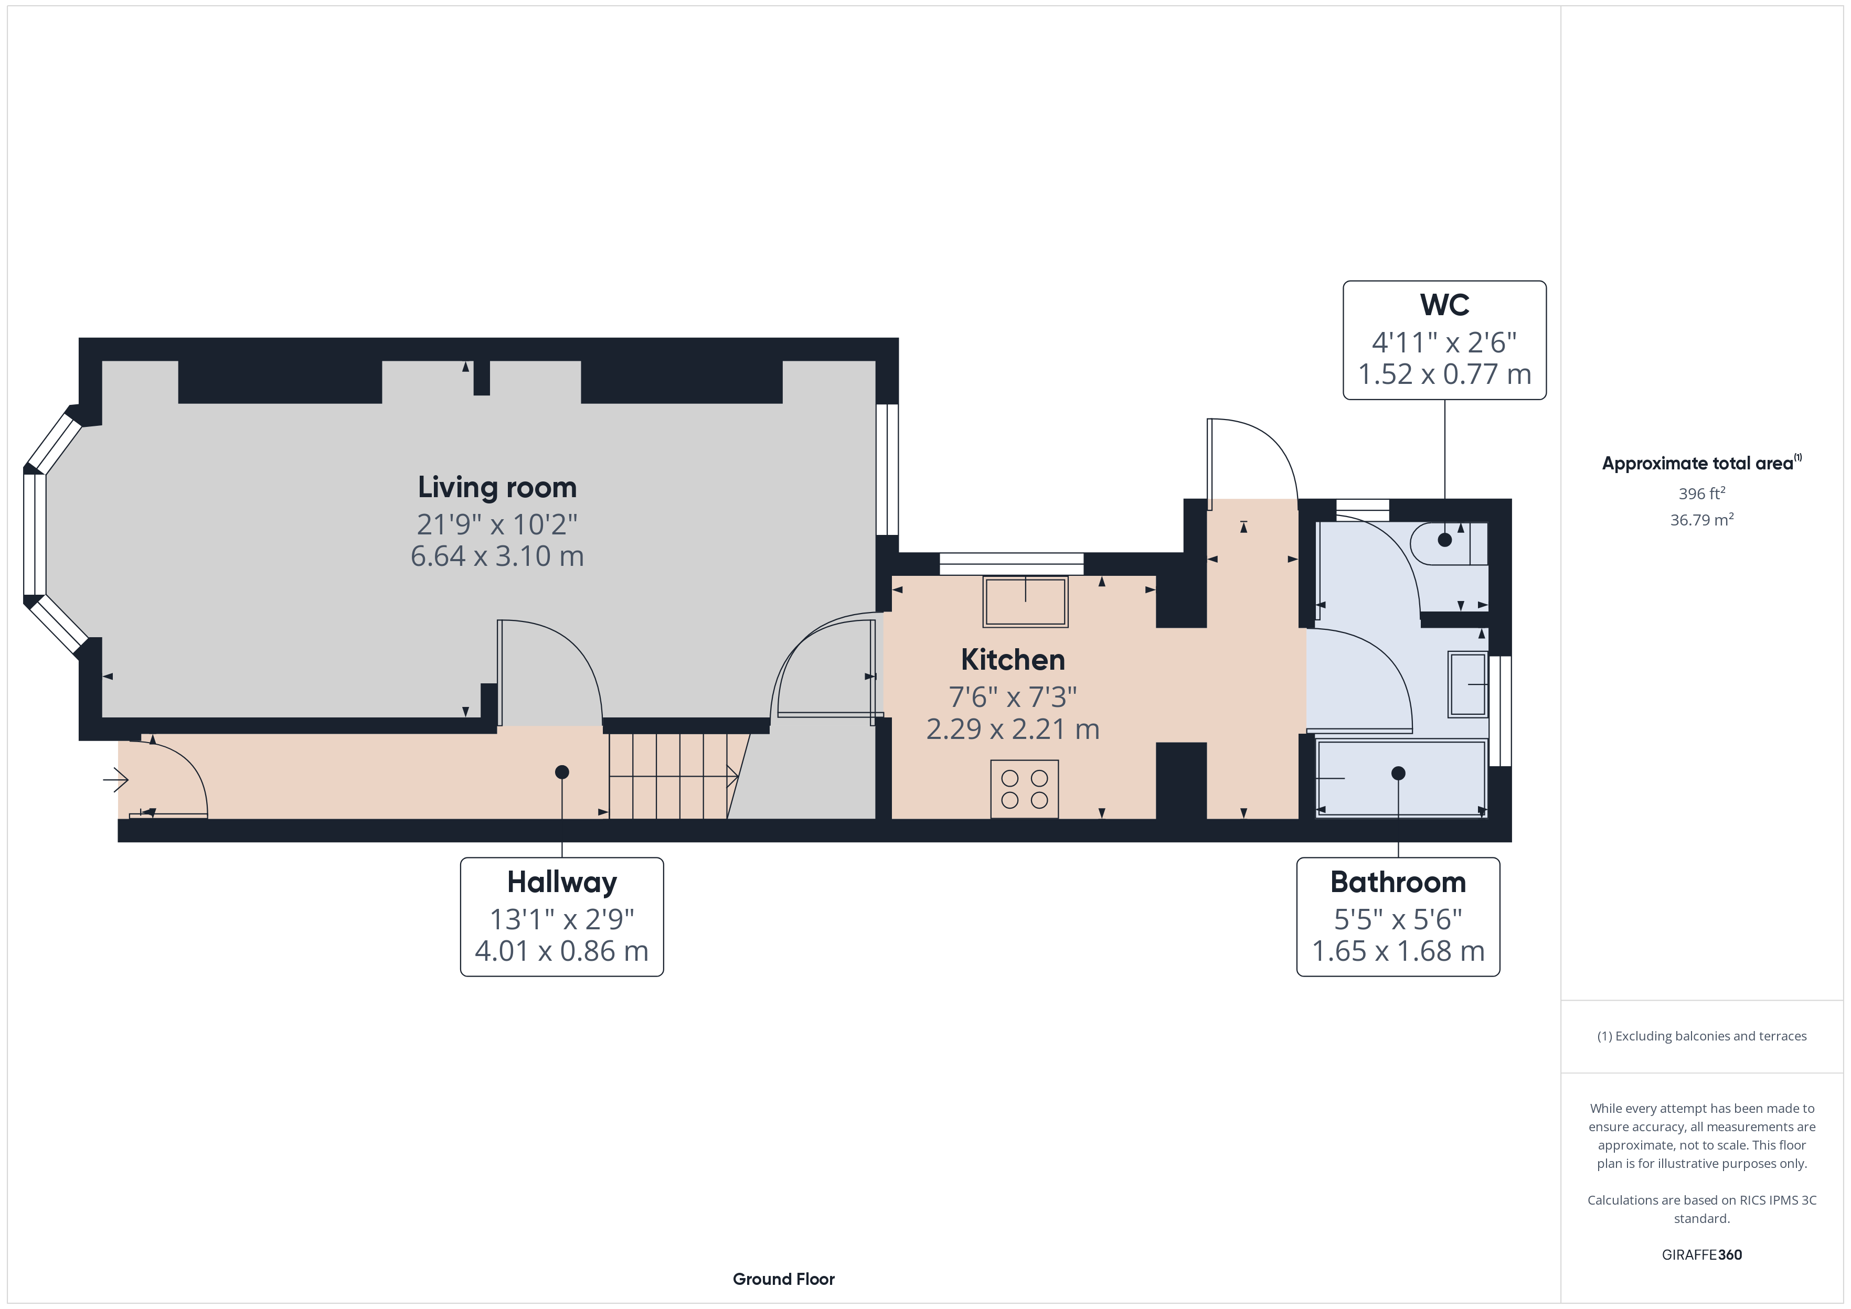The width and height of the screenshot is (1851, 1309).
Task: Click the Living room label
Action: click(497, 488)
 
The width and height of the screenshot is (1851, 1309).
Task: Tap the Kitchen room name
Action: click(1013, 660)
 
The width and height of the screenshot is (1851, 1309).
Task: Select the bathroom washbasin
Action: click(1467, 684)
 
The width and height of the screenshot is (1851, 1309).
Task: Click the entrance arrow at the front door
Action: click(115, 779)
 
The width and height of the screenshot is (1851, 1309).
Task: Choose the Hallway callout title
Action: click(562, 883)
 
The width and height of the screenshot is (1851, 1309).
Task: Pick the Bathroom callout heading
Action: click(1398, 883)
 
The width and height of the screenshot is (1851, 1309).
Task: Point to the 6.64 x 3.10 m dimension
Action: click(497, 556)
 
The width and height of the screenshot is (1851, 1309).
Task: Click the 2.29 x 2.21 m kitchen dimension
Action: click(1013, 729)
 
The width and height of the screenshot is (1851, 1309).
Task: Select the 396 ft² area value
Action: click(1702, 493)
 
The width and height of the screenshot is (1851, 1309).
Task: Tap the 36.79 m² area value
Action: click(1702, 520)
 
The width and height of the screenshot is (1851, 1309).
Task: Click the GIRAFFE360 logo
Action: click(1702, 1255)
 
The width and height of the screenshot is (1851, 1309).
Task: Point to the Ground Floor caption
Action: click(784, 1279)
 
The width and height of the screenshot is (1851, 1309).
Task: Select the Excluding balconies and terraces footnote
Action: click(1702, 1037)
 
